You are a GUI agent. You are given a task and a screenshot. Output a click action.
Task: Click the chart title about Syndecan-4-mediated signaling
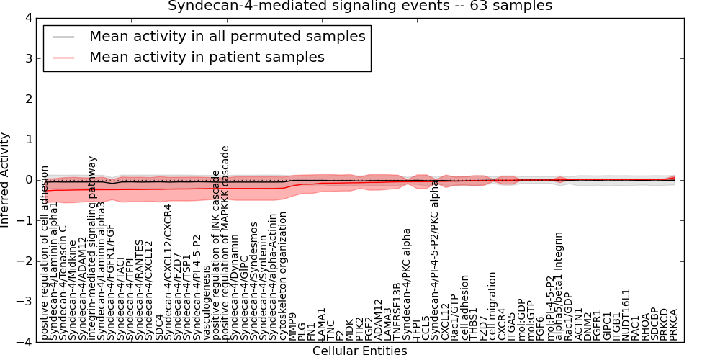(360, 6)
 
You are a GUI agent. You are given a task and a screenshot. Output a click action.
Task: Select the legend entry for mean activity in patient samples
(207, 57)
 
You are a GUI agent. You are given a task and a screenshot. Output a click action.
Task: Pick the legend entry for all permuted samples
(227, 36)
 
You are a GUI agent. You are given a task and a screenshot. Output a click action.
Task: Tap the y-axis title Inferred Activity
(6, 180)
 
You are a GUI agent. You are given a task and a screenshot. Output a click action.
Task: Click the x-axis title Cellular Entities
(359, 351)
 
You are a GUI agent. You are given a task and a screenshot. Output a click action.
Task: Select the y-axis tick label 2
(27, 99)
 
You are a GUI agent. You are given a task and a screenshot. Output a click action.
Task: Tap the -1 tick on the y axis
(24, 221)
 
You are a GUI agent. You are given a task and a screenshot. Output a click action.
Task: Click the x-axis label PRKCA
(674, 325)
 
